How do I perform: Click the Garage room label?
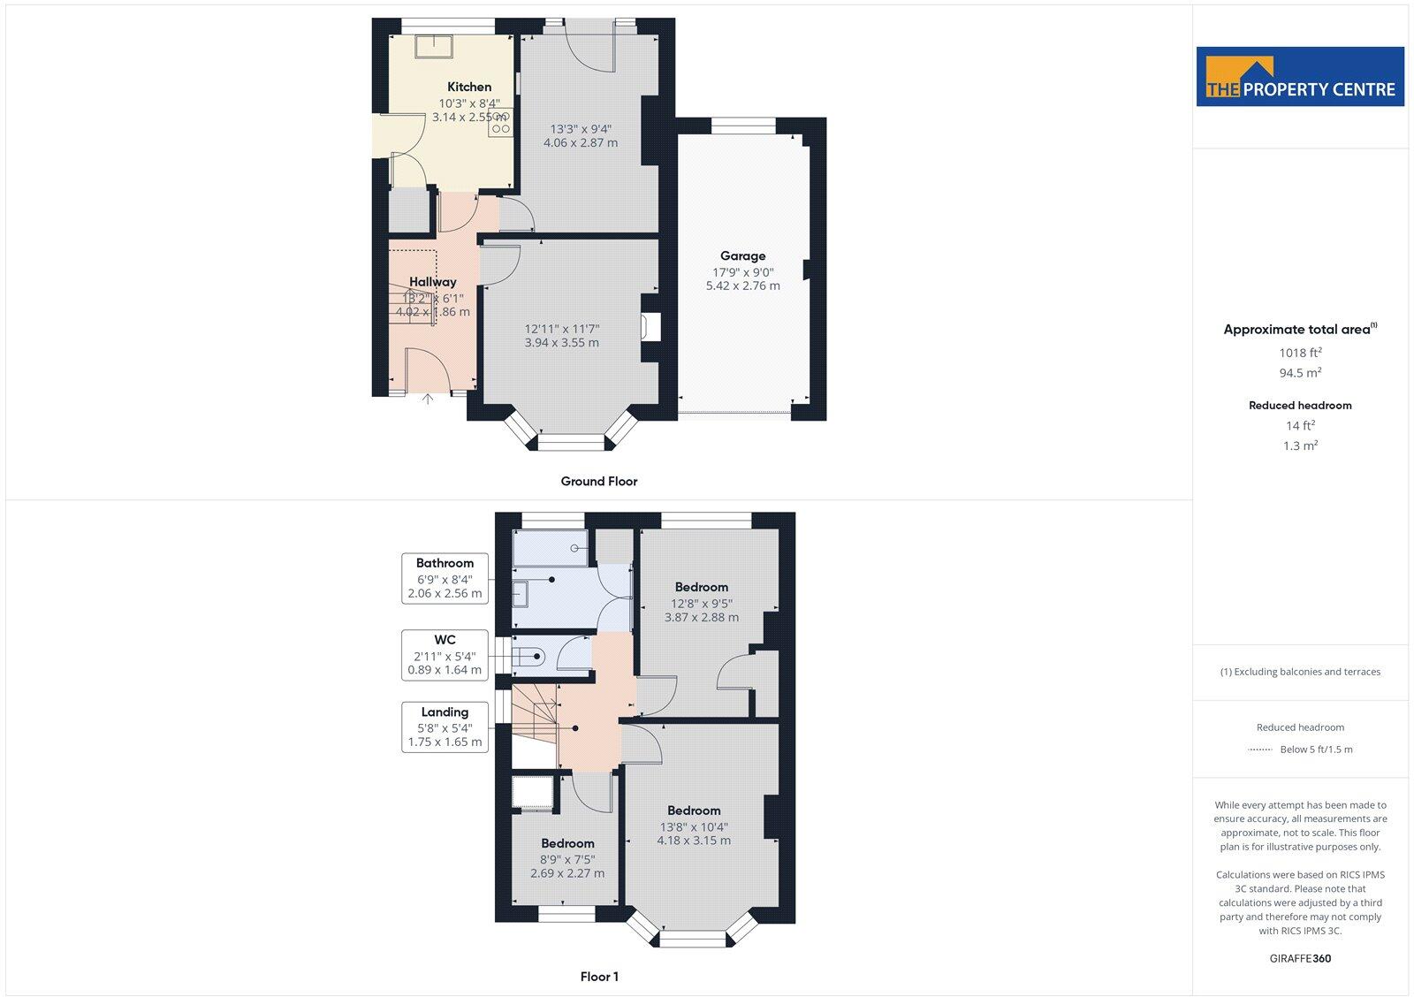(742, 256)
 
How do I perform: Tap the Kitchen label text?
(469, 87)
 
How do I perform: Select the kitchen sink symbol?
(436, 45)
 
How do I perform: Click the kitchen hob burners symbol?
(500, 122)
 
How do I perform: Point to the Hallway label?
(432, 282)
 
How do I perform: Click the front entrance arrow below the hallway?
(428, 400)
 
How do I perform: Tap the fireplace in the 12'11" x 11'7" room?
(652, 327)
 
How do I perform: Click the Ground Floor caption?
(598, 482)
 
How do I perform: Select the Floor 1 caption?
(599, 977)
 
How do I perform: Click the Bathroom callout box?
(445, 578)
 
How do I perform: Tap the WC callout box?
(445, 655)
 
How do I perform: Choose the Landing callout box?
(445, 727)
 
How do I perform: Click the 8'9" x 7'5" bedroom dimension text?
(567, 858)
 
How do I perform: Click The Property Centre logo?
(1300, 77)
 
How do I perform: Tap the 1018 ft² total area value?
(1300, 353)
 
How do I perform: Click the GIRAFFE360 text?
(1300, 958)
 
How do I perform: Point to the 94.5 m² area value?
(1300, 373)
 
